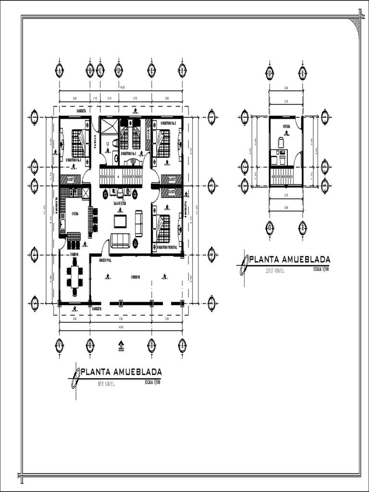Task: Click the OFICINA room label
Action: click(x=285, y=127)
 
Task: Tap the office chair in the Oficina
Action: click(x=281, y=142)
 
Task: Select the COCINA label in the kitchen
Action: click(x=75, y=214)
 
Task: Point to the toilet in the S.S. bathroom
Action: click(x=115, y=143)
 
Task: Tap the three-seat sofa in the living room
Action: click(x=120, y=240)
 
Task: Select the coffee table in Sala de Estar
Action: click(x=120, y=221)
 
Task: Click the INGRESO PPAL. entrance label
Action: click(x=105, y=260)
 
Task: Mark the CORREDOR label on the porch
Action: click(x=136, y=277)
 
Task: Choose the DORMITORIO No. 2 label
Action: click(x=168, y=123)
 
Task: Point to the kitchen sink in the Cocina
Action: click(x=63, y=223)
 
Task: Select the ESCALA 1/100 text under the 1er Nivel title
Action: click(x=152, y=382)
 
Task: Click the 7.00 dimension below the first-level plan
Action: click(x=121, y=319)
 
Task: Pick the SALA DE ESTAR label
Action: click(x=120, y=203)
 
